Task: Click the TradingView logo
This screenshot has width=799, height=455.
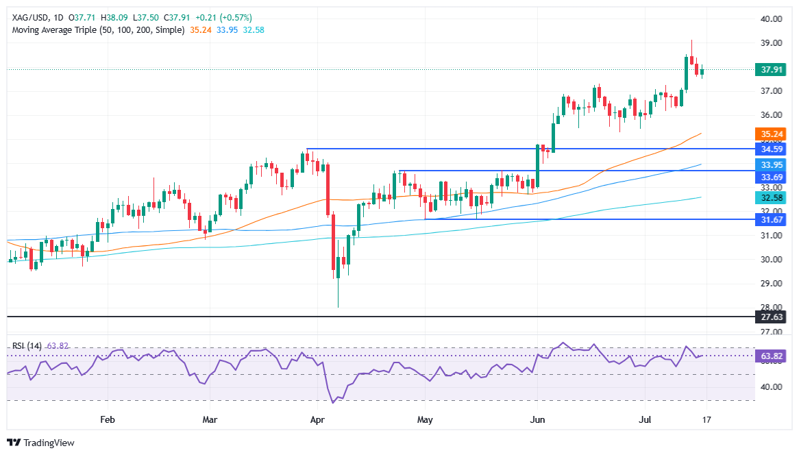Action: (41, 443)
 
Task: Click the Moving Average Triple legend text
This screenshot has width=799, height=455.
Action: (97, 30)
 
